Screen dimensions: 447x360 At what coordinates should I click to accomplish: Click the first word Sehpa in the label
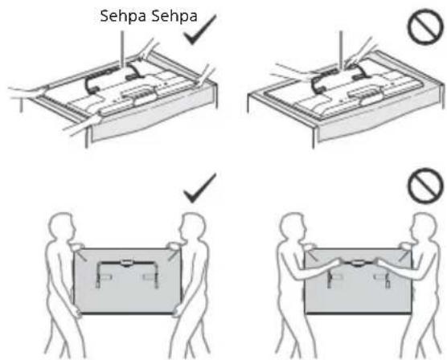pos(123,16)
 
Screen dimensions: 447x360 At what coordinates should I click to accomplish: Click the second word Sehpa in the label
pos(174,16)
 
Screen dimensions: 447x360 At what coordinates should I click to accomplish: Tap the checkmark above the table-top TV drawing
pos(200,30)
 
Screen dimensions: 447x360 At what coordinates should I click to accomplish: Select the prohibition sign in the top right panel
pos(425,27)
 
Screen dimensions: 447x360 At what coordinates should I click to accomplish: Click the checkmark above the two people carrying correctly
pos(200,188)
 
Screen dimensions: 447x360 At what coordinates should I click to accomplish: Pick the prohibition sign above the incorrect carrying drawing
pos(425,186)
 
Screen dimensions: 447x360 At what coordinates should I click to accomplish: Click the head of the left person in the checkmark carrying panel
pos(64,225)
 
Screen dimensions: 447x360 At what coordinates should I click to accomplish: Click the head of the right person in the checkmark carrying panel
pos(193,226)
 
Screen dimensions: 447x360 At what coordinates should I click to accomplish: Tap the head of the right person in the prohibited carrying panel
pos(423,226)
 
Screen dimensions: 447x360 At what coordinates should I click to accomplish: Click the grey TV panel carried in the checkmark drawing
pos(127,281)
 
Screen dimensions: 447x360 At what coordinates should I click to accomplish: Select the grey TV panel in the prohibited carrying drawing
pos(358,281)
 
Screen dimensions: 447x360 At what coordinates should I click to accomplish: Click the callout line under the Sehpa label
pos(123,49)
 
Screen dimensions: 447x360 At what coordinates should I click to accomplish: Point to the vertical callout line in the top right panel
pos(342,49)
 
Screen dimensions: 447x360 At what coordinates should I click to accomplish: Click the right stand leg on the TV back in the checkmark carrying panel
pos(156,274)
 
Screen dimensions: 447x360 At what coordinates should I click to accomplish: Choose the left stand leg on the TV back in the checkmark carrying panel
pos(98,274)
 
